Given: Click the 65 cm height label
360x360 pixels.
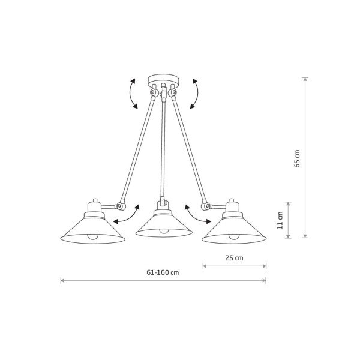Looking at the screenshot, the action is [297, 158].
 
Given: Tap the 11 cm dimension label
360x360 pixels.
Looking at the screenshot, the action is [280, 220].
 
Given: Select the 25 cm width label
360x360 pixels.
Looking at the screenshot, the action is [234, 258].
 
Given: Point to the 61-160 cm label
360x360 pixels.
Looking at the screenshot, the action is [163, 272].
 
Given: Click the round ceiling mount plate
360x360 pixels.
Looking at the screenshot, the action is [163, 80].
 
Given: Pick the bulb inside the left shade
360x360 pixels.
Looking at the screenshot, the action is [93, 237].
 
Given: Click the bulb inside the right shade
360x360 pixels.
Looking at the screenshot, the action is [234, 237].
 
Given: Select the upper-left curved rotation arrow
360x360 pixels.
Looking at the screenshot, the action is [130, 94].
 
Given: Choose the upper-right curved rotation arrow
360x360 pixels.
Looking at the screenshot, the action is [197, 94].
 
